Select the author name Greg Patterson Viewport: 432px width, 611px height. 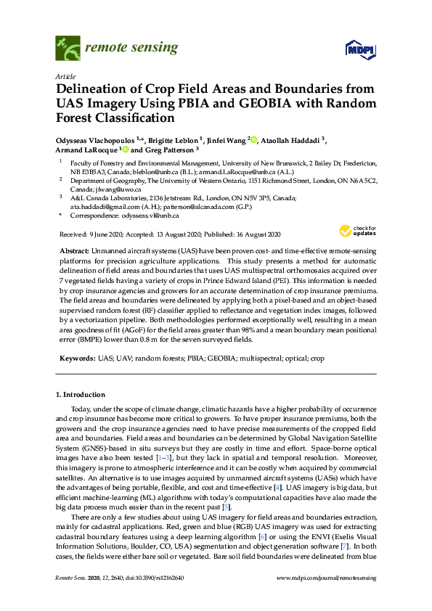(166, 151)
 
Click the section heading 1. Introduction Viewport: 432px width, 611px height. (80, 395)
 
